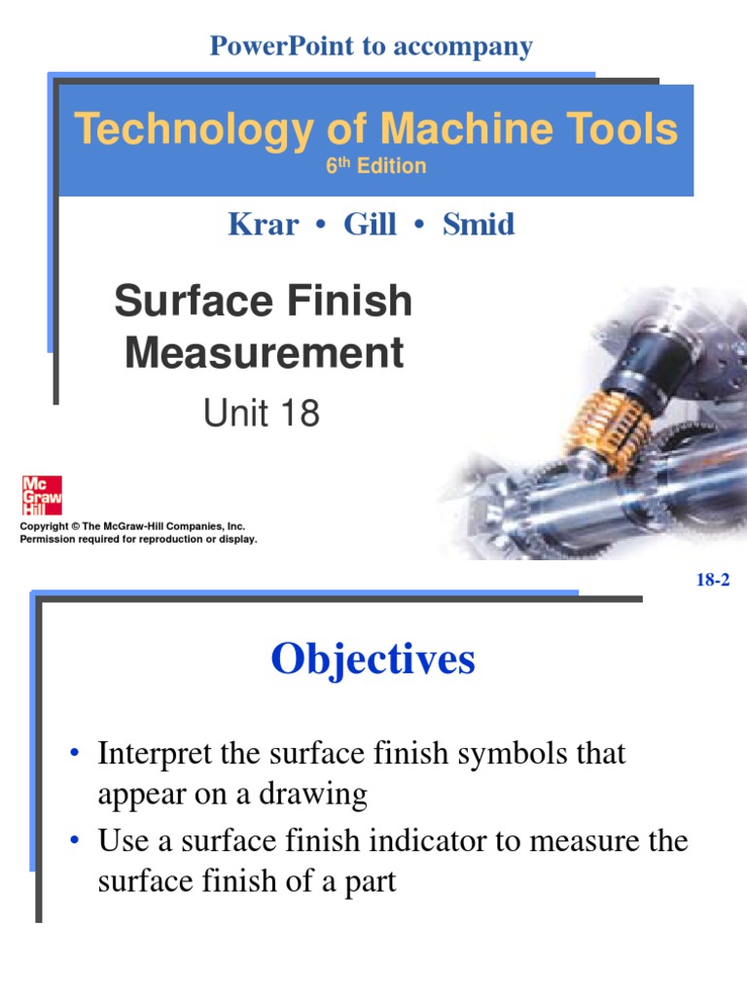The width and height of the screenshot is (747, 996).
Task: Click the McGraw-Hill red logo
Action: click(x=42, y=495)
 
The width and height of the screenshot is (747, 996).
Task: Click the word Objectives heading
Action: click(x=373, y=659)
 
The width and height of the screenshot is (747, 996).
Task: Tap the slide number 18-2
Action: click(x=713, y=581)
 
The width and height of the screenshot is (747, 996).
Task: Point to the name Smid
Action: click(x=479, y=225)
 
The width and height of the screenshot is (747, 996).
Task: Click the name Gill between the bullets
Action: click(x=370, y=225)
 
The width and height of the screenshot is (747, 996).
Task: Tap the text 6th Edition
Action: click(x=375, y=166)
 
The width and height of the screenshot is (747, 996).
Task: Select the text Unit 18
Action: click(x=261, y=414)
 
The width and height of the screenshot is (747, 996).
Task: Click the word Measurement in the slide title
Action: click(x=264, y=352)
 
